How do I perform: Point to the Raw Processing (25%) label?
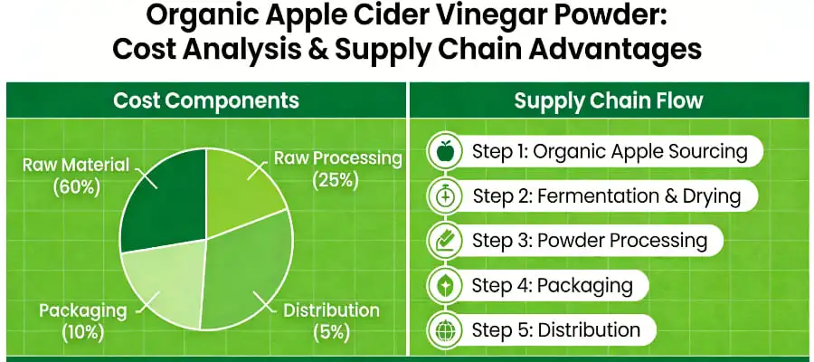[337, 168]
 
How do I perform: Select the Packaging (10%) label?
[82, 320]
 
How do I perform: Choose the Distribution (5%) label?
[331, 320]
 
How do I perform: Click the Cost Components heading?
[206, 100]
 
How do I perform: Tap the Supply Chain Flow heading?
[608, 100]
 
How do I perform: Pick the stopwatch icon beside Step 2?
[444, 195]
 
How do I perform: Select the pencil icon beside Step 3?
[444, 240]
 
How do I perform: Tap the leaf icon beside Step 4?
[444, 285]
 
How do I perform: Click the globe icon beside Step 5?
[444, 329]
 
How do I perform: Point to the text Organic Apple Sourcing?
[640, 151]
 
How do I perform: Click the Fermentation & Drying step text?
[638, 195]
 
